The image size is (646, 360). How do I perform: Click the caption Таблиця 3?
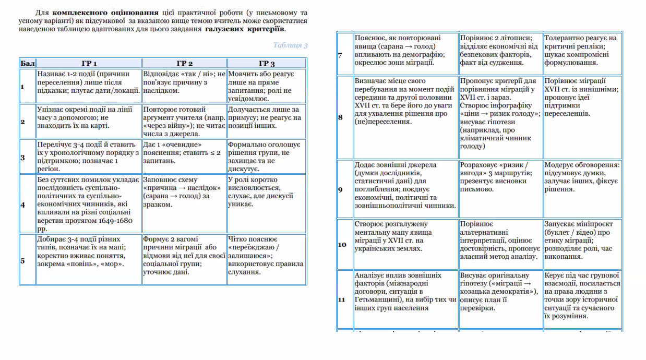pyautogui.click(x=291, y=45)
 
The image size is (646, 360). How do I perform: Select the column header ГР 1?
pyautogui.click(x=89, y=63)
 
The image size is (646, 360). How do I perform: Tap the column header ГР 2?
pyautogui.click(x=184, y=63)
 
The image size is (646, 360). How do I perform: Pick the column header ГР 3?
pyautogui.click(x=266, y=63)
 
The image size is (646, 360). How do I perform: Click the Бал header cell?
pyautogui.click(x=27, y=63)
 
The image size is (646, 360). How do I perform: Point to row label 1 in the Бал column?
pyautogui.click(x=23, y=86)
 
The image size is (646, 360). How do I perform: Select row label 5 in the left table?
pyautogui.click(x=23, y=260)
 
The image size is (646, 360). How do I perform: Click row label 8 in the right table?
pyautogui.click(x=341, y=117)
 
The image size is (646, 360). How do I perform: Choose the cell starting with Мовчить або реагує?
pyautogui.click(x=266, y=86)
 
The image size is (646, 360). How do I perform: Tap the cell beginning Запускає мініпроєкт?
pyautogui.click(x=582, y=240)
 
